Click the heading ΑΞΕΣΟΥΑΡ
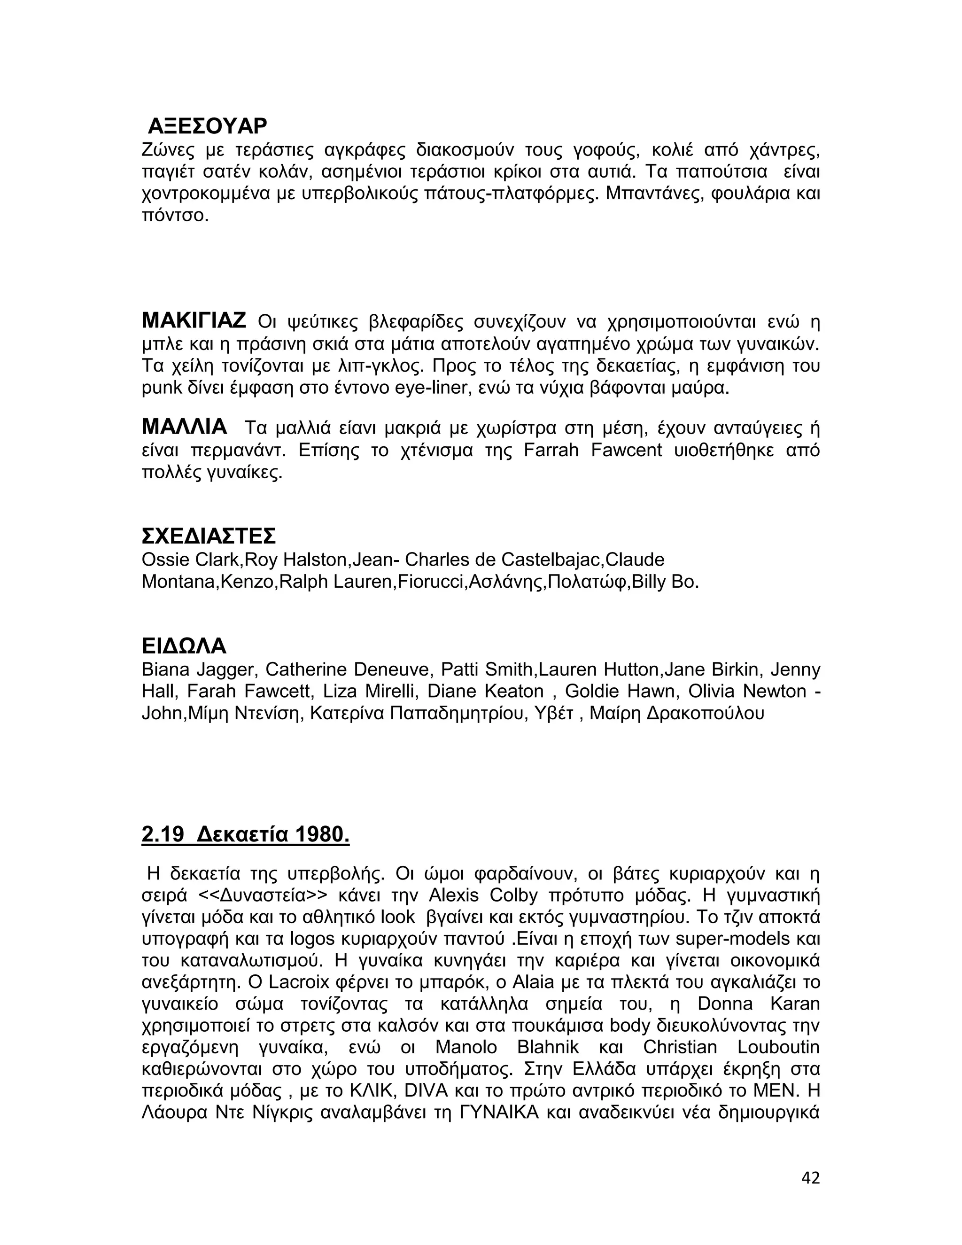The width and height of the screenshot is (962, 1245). pyautogui.click(x=207, y=126)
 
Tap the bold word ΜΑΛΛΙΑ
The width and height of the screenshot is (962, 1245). pyautogui.click(x=184, y=427)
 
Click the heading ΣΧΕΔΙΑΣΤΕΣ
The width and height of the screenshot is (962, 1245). pyautogui.click(x=209, y=536)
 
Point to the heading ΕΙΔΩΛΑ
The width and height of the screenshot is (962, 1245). pyautogui.click(x=184, y=646)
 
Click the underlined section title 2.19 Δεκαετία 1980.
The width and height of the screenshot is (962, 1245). pyautogui.click(x=245, y=834)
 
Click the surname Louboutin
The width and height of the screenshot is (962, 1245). pyautogui.click(x=778, y=1047)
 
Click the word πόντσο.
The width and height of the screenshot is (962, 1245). pyautogui.click(x=175, y=216)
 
